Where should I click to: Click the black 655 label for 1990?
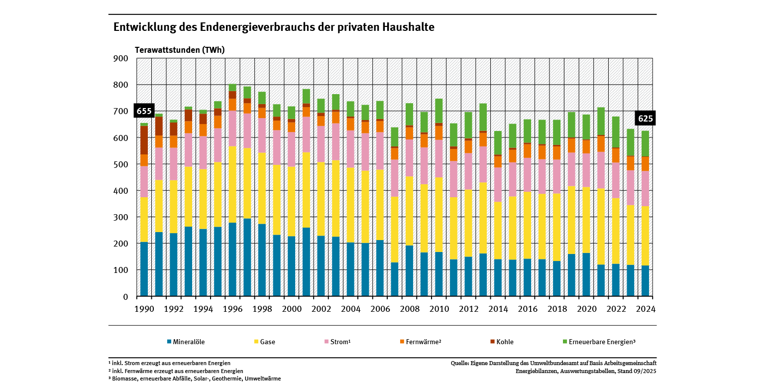pyautogui.click(x=144, y=111)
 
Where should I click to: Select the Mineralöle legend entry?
pyautogui.click(x=186, y=342)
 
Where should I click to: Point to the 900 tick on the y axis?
pyautogui.click(x=121, y=58)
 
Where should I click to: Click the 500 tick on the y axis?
pyautogui.click(x=121, y=164)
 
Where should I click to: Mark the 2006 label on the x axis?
pyautogui.click(x=380, y=309)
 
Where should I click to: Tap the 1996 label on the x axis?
pyautogui.click(x=232, y=309)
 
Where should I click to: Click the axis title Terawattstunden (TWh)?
pyautogui.click(x=180, y=50)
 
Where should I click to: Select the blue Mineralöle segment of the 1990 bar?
pyautogui.click(x=144, y=269)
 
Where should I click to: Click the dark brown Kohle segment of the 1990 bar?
pyautogui.click(x=144, y=140)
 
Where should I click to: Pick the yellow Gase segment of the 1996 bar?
pyautogui.click(x=232, y=184)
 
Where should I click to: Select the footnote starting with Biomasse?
pyautogui.click(x=194, y=379)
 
